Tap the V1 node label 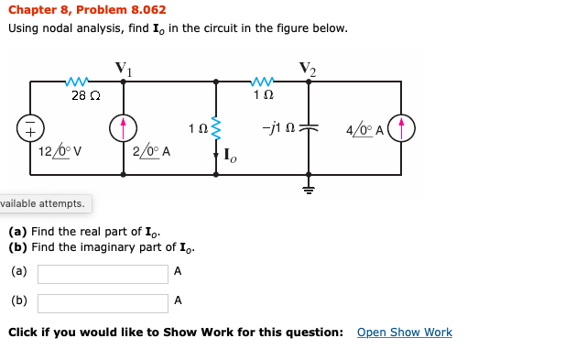[x=123, y=68]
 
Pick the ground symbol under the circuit [x=309, y=189]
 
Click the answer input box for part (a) [x=103, y=274]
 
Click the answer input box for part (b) [x=103, y=303]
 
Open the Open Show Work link [x=404, y=333]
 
